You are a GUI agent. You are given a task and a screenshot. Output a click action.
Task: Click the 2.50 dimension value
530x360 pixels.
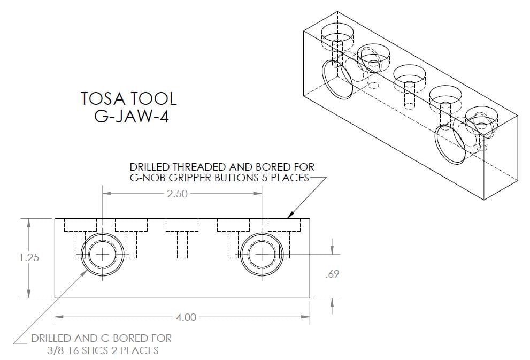pos(177,194)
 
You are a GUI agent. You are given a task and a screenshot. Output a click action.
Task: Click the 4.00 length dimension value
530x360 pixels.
pos(186,317)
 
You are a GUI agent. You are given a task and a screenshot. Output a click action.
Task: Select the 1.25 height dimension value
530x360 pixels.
pos(29,258)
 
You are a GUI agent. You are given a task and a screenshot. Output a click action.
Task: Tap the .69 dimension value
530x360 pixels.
pos(332,274)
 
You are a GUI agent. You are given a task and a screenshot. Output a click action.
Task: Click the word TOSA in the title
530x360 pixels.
pos(103,99)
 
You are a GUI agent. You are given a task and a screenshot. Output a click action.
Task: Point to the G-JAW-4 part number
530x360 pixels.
pos(131,116)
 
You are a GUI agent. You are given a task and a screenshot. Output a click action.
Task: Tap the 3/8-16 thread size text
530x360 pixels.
pos(63,350)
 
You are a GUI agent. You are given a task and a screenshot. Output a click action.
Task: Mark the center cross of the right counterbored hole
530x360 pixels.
pos(262,255)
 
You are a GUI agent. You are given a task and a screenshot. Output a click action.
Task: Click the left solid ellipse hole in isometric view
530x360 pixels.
pos(337,79)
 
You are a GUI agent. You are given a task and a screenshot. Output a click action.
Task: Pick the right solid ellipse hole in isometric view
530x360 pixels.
pos(450,144)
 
